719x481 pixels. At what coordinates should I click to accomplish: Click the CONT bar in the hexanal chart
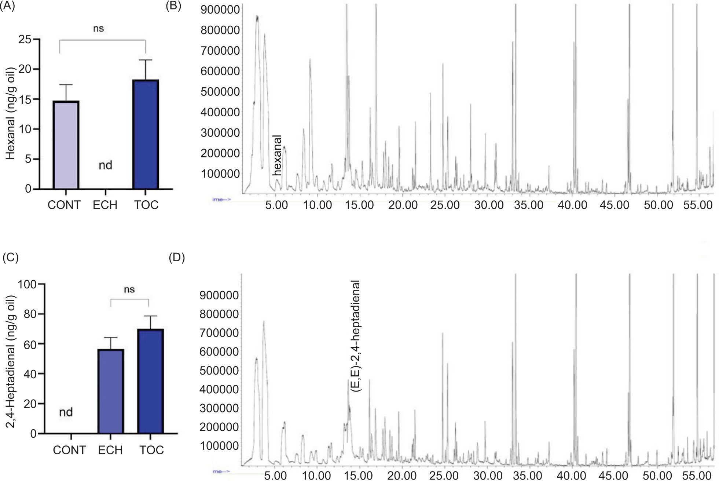[66, 145]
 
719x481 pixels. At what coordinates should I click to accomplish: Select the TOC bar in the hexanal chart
[146, 134]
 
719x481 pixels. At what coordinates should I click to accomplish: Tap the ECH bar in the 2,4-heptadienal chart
[110, 391]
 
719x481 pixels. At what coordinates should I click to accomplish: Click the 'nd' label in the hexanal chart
[106, 165]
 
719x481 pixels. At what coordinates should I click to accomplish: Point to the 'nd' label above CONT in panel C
[66, 412]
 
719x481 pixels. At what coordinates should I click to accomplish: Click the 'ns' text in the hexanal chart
[98, 29]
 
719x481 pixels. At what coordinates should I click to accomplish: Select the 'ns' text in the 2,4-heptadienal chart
[129, 289]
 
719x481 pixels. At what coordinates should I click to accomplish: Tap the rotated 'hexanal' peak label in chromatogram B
[277, 156]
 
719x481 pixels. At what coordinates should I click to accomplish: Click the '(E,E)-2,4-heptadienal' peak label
[355, 336]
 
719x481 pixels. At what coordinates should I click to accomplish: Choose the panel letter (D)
[177, 258]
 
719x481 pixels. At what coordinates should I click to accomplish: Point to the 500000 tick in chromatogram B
[220, 92]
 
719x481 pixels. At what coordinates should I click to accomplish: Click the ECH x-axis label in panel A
[105, 205]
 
